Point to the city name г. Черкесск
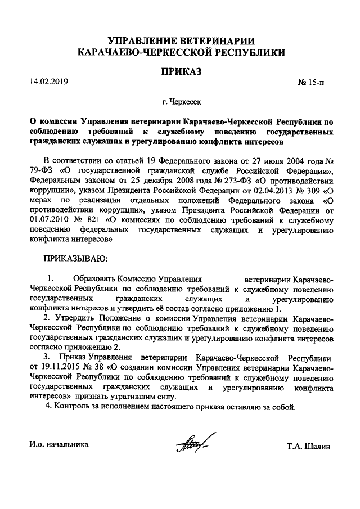tap(181, 103)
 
